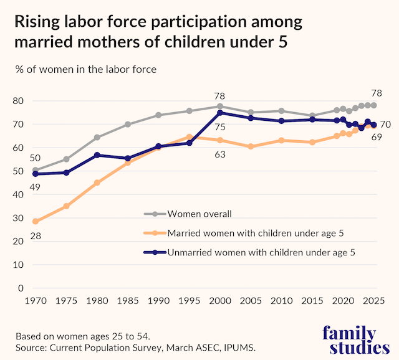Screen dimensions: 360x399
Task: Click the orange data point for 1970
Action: (36, 222)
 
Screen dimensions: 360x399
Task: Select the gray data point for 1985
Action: (128, 125)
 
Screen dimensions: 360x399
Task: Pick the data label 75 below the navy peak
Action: (220, 128)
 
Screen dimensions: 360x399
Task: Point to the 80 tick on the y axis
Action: (18, 101)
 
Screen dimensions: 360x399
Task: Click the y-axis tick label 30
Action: (18, 218)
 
